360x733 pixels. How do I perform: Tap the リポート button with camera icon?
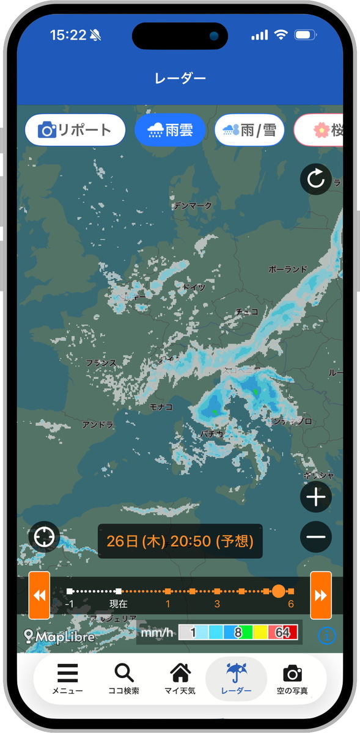[x=75, y=129]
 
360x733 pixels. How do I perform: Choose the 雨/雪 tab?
[x=249, y=129]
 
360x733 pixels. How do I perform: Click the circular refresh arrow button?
[x=315, y=180]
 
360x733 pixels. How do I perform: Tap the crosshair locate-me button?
[x=44, y=538]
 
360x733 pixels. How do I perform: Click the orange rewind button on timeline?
[x=39, y=595]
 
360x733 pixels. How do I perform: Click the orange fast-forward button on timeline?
[x=320, y=595]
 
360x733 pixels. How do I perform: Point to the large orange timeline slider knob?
[x=278, y=591]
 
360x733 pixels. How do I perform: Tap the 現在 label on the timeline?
[x=119, y=604]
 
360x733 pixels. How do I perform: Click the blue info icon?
[x=327, y=635]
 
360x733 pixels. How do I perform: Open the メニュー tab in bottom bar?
[x=67, y=679]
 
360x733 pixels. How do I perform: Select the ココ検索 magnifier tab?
[x=124, y=679]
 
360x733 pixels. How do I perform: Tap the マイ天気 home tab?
[x=180, y=679]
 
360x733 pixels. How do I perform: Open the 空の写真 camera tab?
[x=292, y=679]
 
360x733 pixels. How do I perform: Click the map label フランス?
[x=101, y=363]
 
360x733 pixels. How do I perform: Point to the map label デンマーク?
[x=193, y=205]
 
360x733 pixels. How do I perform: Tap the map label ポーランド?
[x=287, y=269]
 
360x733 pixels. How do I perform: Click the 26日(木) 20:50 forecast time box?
[x=180, y=541]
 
